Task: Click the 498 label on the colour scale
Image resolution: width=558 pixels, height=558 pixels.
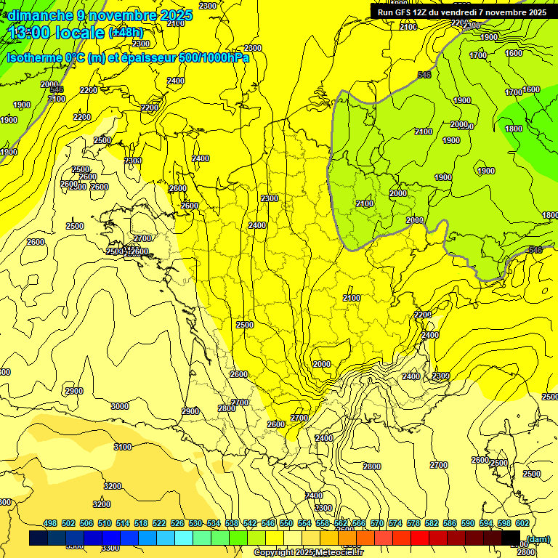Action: [x=50, y=524]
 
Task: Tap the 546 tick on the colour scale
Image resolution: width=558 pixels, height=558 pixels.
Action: [x=268, y=524]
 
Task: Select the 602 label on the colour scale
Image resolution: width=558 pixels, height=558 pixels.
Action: [x=522, y=524]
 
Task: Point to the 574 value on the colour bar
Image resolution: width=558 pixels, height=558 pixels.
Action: [x=395, y=524]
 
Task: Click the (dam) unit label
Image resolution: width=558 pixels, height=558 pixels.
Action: [x=538, y=539]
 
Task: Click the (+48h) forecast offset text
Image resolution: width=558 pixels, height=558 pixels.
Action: [x=126, y=33]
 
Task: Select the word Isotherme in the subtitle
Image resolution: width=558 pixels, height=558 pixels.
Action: [x=33, y=57]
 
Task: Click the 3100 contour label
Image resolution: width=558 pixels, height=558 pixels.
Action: [x=123, y=447]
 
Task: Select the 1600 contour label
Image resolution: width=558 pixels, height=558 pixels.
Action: [x=531, y=89]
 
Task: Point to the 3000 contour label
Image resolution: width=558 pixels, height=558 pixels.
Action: [x=120, y=406]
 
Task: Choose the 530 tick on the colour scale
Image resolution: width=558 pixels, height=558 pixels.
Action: [x=195, y=524]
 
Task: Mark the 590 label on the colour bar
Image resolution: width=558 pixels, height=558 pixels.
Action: [x=468, y=524]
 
